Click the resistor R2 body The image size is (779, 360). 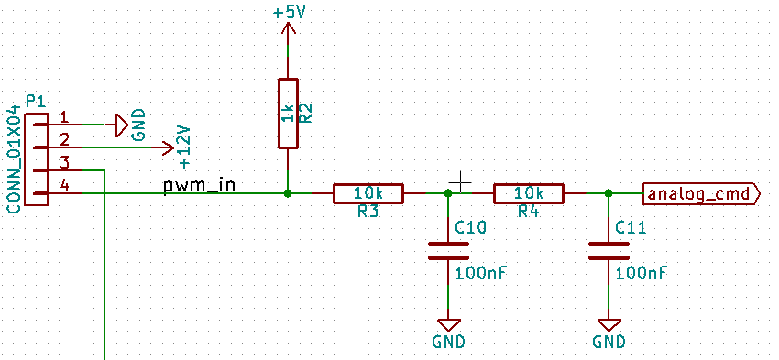(288, 113)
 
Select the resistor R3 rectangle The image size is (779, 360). (368, 193)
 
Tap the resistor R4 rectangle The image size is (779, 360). (529, 193)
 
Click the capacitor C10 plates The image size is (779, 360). (448, 250)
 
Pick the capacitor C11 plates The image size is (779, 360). (609, 250)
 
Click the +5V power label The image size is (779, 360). (288, 14)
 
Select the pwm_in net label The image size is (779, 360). (199, 186)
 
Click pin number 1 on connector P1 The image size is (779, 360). (64, 117)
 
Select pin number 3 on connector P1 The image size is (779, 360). (64, 163)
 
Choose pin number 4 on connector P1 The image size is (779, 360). (64, 186)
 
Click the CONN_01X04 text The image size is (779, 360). (13, 159)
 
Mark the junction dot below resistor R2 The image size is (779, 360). (288, 193)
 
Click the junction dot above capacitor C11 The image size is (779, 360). (609, 193)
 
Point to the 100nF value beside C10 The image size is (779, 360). (481, 273)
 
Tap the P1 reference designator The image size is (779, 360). (36, 99)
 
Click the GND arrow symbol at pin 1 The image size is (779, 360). (121, 124)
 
